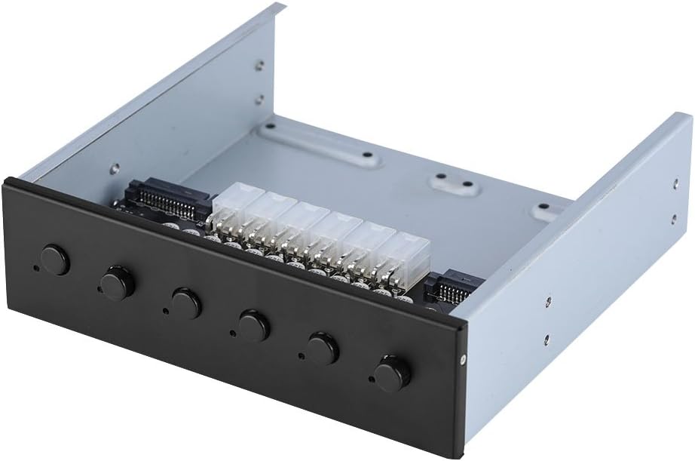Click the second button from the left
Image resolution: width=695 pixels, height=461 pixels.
coord(117,283)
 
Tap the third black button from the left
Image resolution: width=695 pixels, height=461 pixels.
coord(185,303)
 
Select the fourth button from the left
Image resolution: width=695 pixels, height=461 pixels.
coord(253,325)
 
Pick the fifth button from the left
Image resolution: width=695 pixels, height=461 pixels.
coord(323,349)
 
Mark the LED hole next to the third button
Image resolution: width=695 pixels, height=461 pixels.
coord(164,310)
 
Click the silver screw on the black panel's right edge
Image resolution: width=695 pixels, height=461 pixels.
coord(463,359)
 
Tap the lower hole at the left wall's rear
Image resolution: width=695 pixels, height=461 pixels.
coord(259,100)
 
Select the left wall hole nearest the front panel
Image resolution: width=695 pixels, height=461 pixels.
coord(115,169)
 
